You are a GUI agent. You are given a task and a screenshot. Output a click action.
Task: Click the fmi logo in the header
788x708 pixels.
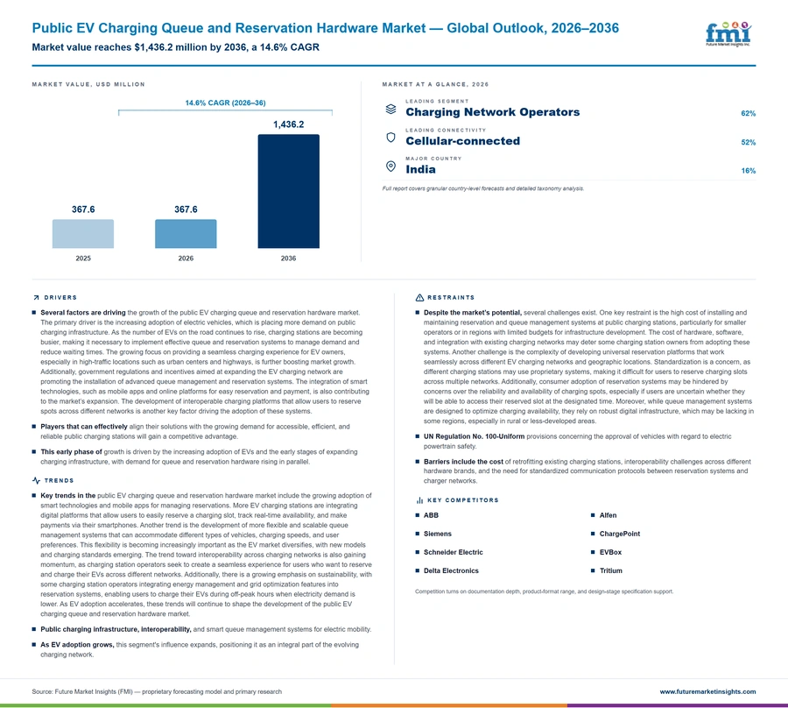[x=728, y=33]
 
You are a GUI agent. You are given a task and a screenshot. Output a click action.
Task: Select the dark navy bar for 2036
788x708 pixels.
[x=288, y=191]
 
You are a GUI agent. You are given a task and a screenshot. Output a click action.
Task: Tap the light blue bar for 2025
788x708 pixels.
[x=83, y=234]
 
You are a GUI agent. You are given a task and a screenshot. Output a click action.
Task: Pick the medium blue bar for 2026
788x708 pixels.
[x=186, y=234]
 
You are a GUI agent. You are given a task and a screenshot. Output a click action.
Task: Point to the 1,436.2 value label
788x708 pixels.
[x=288, y=124]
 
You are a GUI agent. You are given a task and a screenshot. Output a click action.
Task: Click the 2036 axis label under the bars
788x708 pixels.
[x=288, y=258]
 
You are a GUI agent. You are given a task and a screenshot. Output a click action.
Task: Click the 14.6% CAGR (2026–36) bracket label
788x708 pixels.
[x=226, y=103]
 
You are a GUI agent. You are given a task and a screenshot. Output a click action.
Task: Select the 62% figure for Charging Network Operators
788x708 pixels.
[x=749, y=113]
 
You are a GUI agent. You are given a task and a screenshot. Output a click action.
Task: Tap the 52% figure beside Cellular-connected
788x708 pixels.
[x=749, y=142]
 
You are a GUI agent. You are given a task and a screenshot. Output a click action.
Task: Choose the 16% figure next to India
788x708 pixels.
[x=749, y=171]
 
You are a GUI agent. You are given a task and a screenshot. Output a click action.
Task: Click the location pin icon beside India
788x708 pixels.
[x=390, y=166]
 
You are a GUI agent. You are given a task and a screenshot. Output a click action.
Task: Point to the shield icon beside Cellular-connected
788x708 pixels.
[x=390, y=138]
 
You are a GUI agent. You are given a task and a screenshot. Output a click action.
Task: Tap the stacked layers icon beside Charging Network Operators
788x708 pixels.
[x=390, y=109]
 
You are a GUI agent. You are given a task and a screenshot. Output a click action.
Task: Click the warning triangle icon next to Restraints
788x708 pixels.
[x=419, y=298]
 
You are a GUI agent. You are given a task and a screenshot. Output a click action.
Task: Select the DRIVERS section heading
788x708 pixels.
[x=60, y=298]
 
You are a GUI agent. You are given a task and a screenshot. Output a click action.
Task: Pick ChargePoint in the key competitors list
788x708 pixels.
[x=620, y=534]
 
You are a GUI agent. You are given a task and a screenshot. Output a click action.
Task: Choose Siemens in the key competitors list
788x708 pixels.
[x=437, y=534]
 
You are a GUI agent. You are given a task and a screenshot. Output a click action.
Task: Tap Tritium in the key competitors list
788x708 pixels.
[x=610, y=570]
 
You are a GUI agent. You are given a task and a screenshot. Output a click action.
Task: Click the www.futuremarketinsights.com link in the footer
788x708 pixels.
[x=707, y=692]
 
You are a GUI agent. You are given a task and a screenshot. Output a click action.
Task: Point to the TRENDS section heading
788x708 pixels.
[x=59, y=481]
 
